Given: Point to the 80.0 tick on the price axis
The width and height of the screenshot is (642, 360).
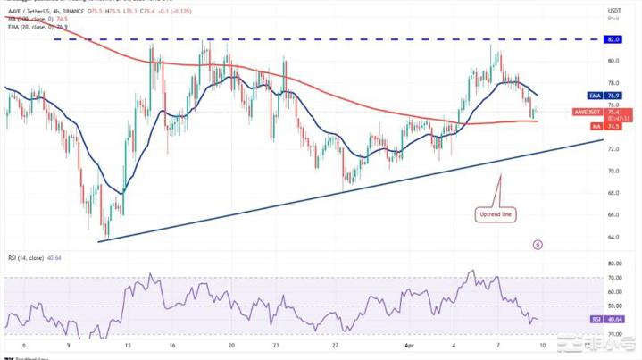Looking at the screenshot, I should pyautogui.click(x=613, y=61).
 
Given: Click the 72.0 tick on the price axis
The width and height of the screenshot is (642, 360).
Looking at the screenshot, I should pyautogui.click(x=613, y=171).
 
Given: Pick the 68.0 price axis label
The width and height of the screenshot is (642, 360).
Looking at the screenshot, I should pyautogui.click(x=613, y=193).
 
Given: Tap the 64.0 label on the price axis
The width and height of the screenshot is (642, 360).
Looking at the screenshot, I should pyautogui.click(x=613, y=237).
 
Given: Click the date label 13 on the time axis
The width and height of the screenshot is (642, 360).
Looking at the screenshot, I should pyautogui.click(x=128, y=344).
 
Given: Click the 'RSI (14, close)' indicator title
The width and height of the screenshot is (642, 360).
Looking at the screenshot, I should pyautogui.click(x=29, y=259).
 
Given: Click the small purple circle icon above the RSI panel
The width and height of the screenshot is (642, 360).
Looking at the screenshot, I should pyautogui.click(x=537, y=243).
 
